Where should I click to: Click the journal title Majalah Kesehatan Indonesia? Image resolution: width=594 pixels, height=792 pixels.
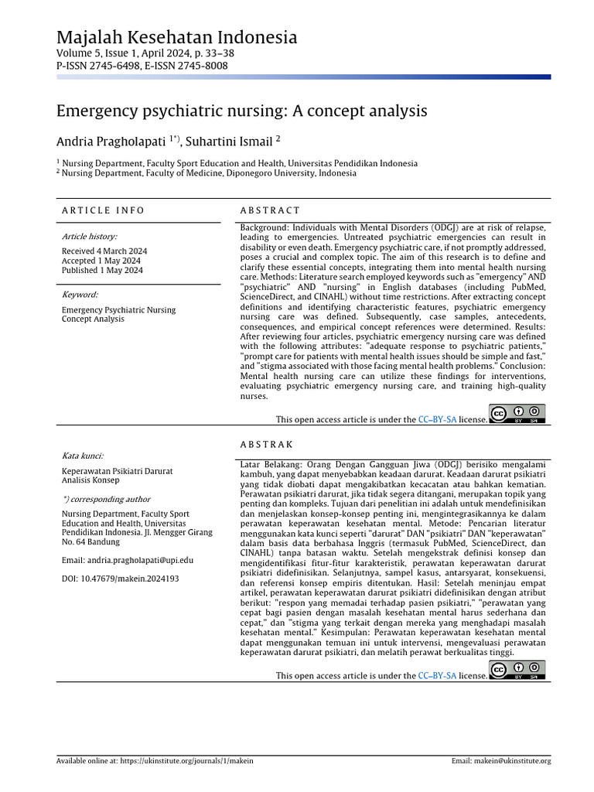[176, 37]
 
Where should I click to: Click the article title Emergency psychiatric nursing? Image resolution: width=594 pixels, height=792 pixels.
[241, 111]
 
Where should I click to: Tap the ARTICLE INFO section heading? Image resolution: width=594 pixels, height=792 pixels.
[103, 210]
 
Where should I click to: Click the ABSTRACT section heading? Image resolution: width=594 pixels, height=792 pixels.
[270, 210]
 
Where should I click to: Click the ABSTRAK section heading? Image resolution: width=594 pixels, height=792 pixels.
[267, 445]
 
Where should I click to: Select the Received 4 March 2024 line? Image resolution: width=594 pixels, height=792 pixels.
[104, 251]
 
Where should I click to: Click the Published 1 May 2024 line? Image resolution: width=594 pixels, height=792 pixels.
[102, 271]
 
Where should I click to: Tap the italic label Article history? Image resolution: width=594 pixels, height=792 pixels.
[90, 237]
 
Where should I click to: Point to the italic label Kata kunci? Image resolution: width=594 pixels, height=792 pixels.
[83, 456]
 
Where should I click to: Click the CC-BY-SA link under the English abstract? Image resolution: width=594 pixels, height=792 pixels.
[437, 420]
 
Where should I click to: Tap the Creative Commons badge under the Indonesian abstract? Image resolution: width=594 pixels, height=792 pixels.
[517, 670]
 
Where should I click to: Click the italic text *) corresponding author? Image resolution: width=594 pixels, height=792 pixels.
[106, 500]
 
